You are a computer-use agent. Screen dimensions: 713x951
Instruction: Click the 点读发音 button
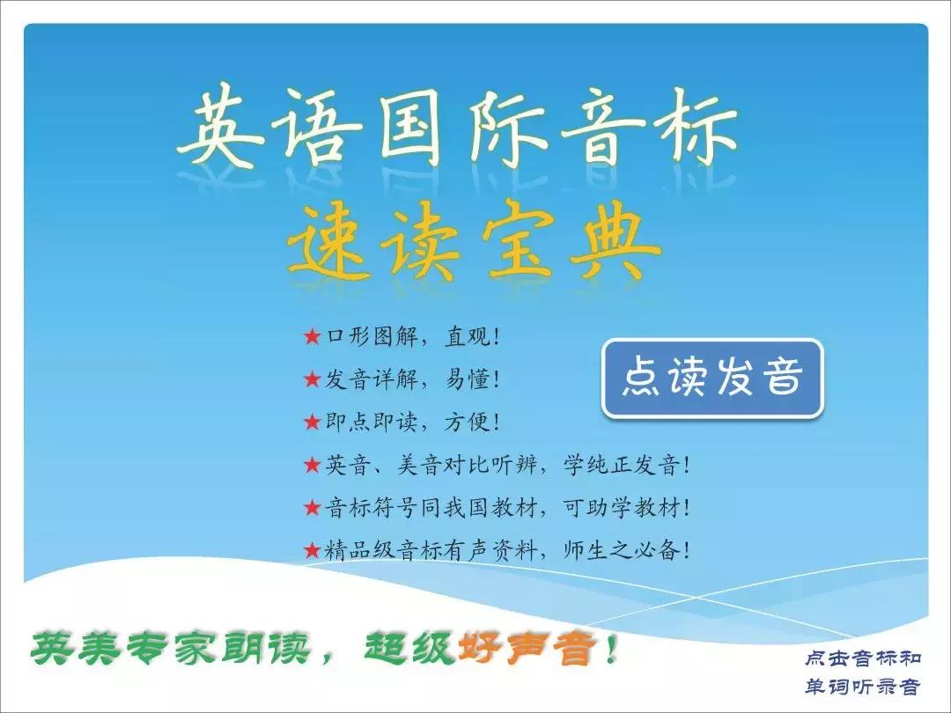pos(712,379)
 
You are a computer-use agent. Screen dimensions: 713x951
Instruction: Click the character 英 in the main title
pos(225,132)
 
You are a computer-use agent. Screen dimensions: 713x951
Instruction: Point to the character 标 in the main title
pos(691,132)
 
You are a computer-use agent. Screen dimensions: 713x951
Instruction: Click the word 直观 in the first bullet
pos(467,336)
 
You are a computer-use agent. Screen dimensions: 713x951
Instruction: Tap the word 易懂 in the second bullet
pos(467,379)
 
